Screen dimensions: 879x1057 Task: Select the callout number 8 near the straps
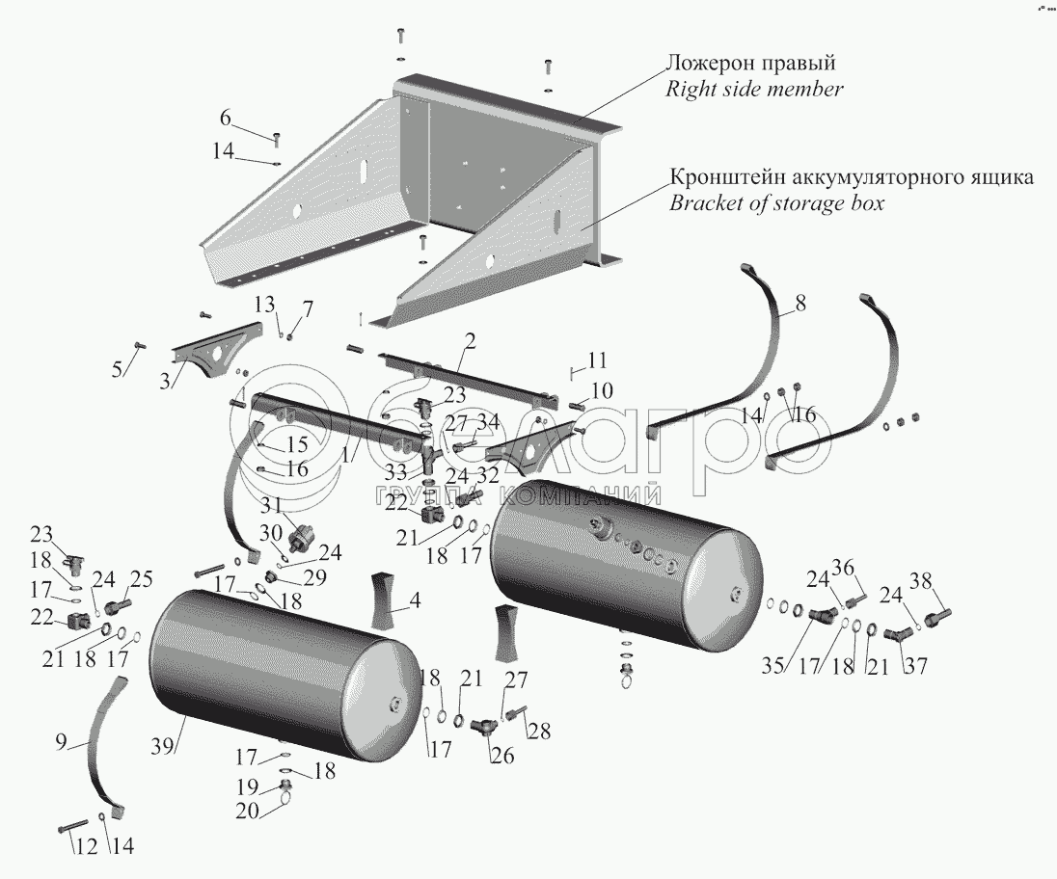pos(800,306)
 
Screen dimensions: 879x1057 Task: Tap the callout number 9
pos(61,743)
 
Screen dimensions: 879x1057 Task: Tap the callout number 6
pos(226,119)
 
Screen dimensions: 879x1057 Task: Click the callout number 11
pos(598,360)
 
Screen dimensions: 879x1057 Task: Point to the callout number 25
pos(142,579)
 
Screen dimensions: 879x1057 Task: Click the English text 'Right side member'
pos(755,90)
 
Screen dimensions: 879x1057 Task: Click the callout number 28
pos(538,732)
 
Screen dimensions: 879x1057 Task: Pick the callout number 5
pos(118,369)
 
